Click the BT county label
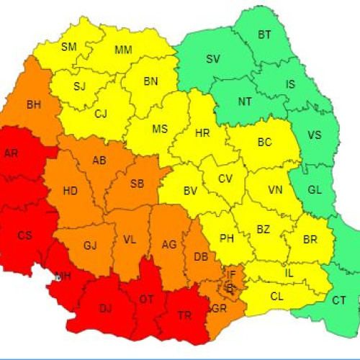click(x=265, y=35)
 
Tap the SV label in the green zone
click(x=212, y=59)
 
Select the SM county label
click(x=69, y=47)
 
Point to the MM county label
click(x=123, y=50)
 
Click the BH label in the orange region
click(x=34, y=105)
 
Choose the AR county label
click(x=12, y=153)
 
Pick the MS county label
click(x=159, y=130)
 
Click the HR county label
click(x=202, y=132)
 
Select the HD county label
click(x=71, y=191)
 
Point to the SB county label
click(x=137, y=184)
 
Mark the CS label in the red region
click(x=25, y=235)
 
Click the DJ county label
click(x=105, y=308)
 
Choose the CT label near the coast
click(x=338, y=301)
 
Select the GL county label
click(x=315, y=190)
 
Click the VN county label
click(x=274, y=190)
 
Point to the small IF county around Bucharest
click(x=230, y=274)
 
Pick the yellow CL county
click(x=276, y=295)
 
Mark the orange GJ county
click(x=90, y=246)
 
